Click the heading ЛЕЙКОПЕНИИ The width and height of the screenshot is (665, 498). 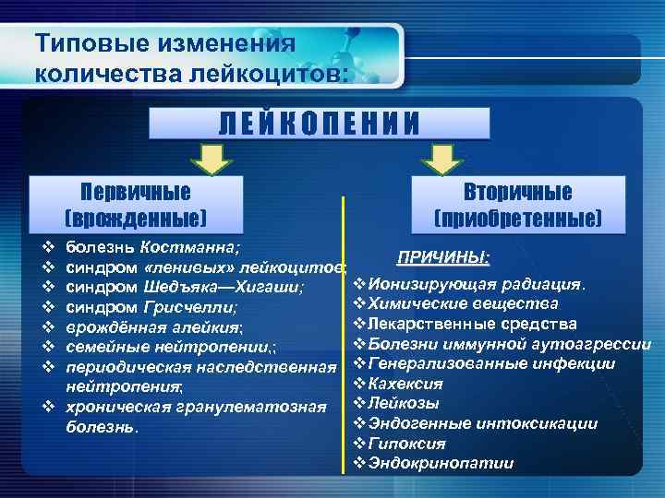point(319,123)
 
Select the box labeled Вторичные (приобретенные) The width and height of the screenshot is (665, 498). point(517,205)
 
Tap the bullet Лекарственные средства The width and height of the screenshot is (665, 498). point(472,323)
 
